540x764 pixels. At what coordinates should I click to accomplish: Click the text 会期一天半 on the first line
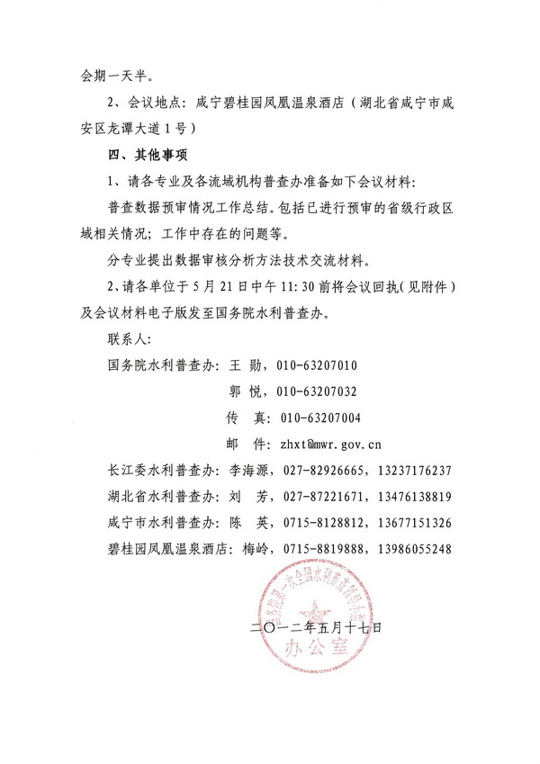99,76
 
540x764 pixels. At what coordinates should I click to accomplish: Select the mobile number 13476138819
408,496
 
